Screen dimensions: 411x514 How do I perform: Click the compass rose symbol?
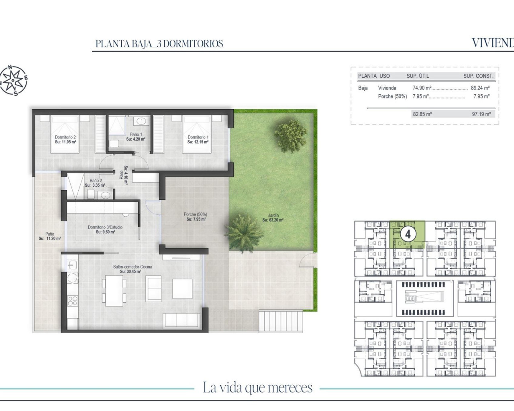point(14,81)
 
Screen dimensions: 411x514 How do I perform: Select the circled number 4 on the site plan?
point(408,234)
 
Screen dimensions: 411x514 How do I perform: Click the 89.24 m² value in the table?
point(480,88)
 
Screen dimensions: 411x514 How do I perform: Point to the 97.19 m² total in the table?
point(481,114)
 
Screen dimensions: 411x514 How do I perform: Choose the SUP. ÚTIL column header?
point(418,76)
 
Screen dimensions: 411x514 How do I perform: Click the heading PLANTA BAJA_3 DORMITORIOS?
point(159,44)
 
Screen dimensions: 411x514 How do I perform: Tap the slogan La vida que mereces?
point(257,388)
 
